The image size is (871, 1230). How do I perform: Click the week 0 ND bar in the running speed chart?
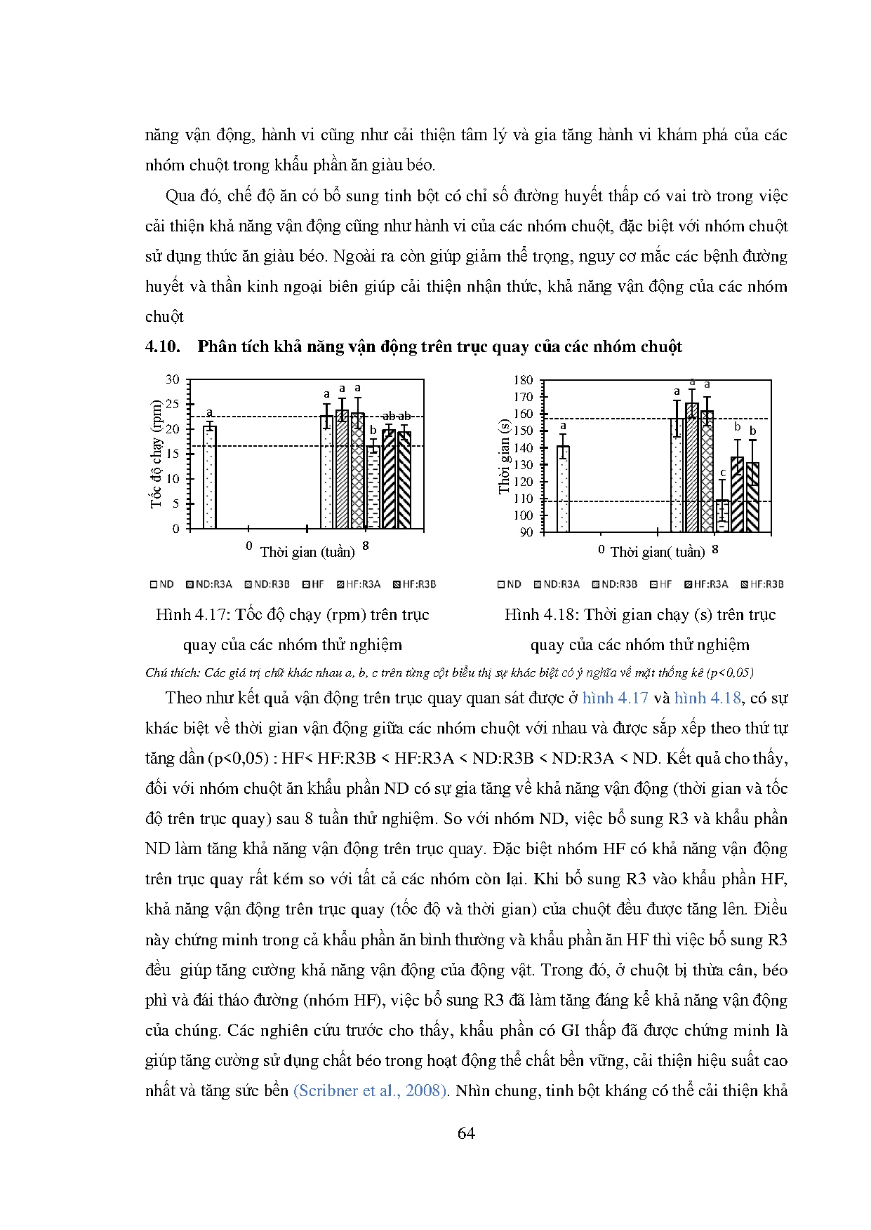click(x=209, y=477)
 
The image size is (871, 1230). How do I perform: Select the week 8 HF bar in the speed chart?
click(x=373, y=487)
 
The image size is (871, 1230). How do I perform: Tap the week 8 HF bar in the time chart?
click(x=722, y=516)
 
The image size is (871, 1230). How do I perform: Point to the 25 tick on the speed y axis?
click(x=173, y=404)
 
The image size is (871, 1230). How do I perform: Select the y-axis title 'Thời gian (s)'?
click(x=504, y=456)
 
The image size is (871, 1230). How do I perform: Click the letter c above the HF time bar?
click(x=722, y=473)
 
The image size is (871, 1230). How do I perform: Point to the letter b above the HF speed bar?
click(x=373, y=431)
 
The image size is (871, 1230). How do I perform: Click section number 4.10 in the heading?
click(x=162, y=346)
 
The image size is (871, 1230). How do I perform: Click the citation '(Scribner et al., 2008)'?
click(x=370, y=1090)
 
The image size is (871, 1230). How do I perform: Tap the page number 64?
click(x=466, y=1133)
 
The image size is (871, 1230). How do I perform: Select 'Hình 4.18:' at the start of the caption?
click(x=540, y=615)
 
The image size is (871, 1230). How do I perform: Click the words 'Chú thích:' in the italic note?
click(x=173, y=673)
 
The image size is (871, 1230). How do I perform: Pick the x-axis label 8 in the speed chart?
click(x=365, y=545)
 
